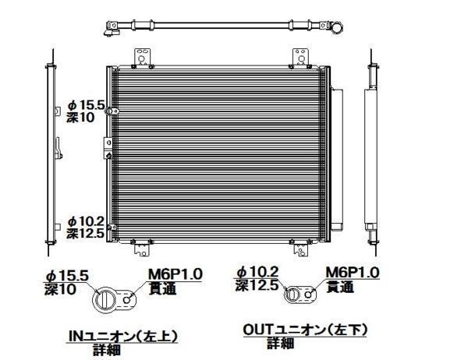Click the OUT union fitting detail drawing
[301, 295]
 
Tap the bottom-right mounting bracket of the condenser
[303, 249]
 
